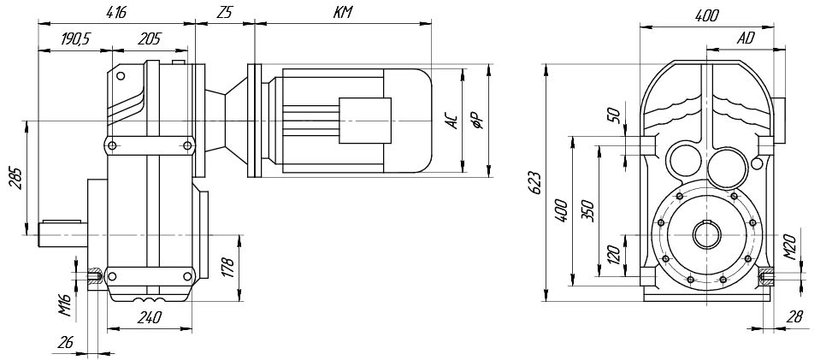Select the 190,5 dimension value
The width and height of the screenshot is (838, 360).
coord(76,39)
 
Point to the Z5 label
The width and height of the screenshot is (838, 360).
coord(225,14)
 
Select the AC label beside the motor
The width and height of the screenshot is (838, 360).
coord(452,121)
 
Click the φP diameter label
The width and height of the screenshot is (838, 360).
coord(479,121)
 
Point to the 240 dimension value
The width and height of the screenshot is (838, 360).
coord(149,316)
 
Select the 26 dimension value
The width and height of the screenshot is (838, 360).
coord(64,341)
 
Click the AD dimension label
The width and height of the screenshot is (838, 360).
coord(746,39)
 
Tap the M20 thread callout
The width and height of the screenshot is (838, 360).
coord(791,247)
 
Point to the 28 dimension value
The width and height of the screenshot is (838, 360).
coord(794,316)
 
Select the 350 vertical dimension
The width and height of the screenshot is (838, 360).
coord(588,208)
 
